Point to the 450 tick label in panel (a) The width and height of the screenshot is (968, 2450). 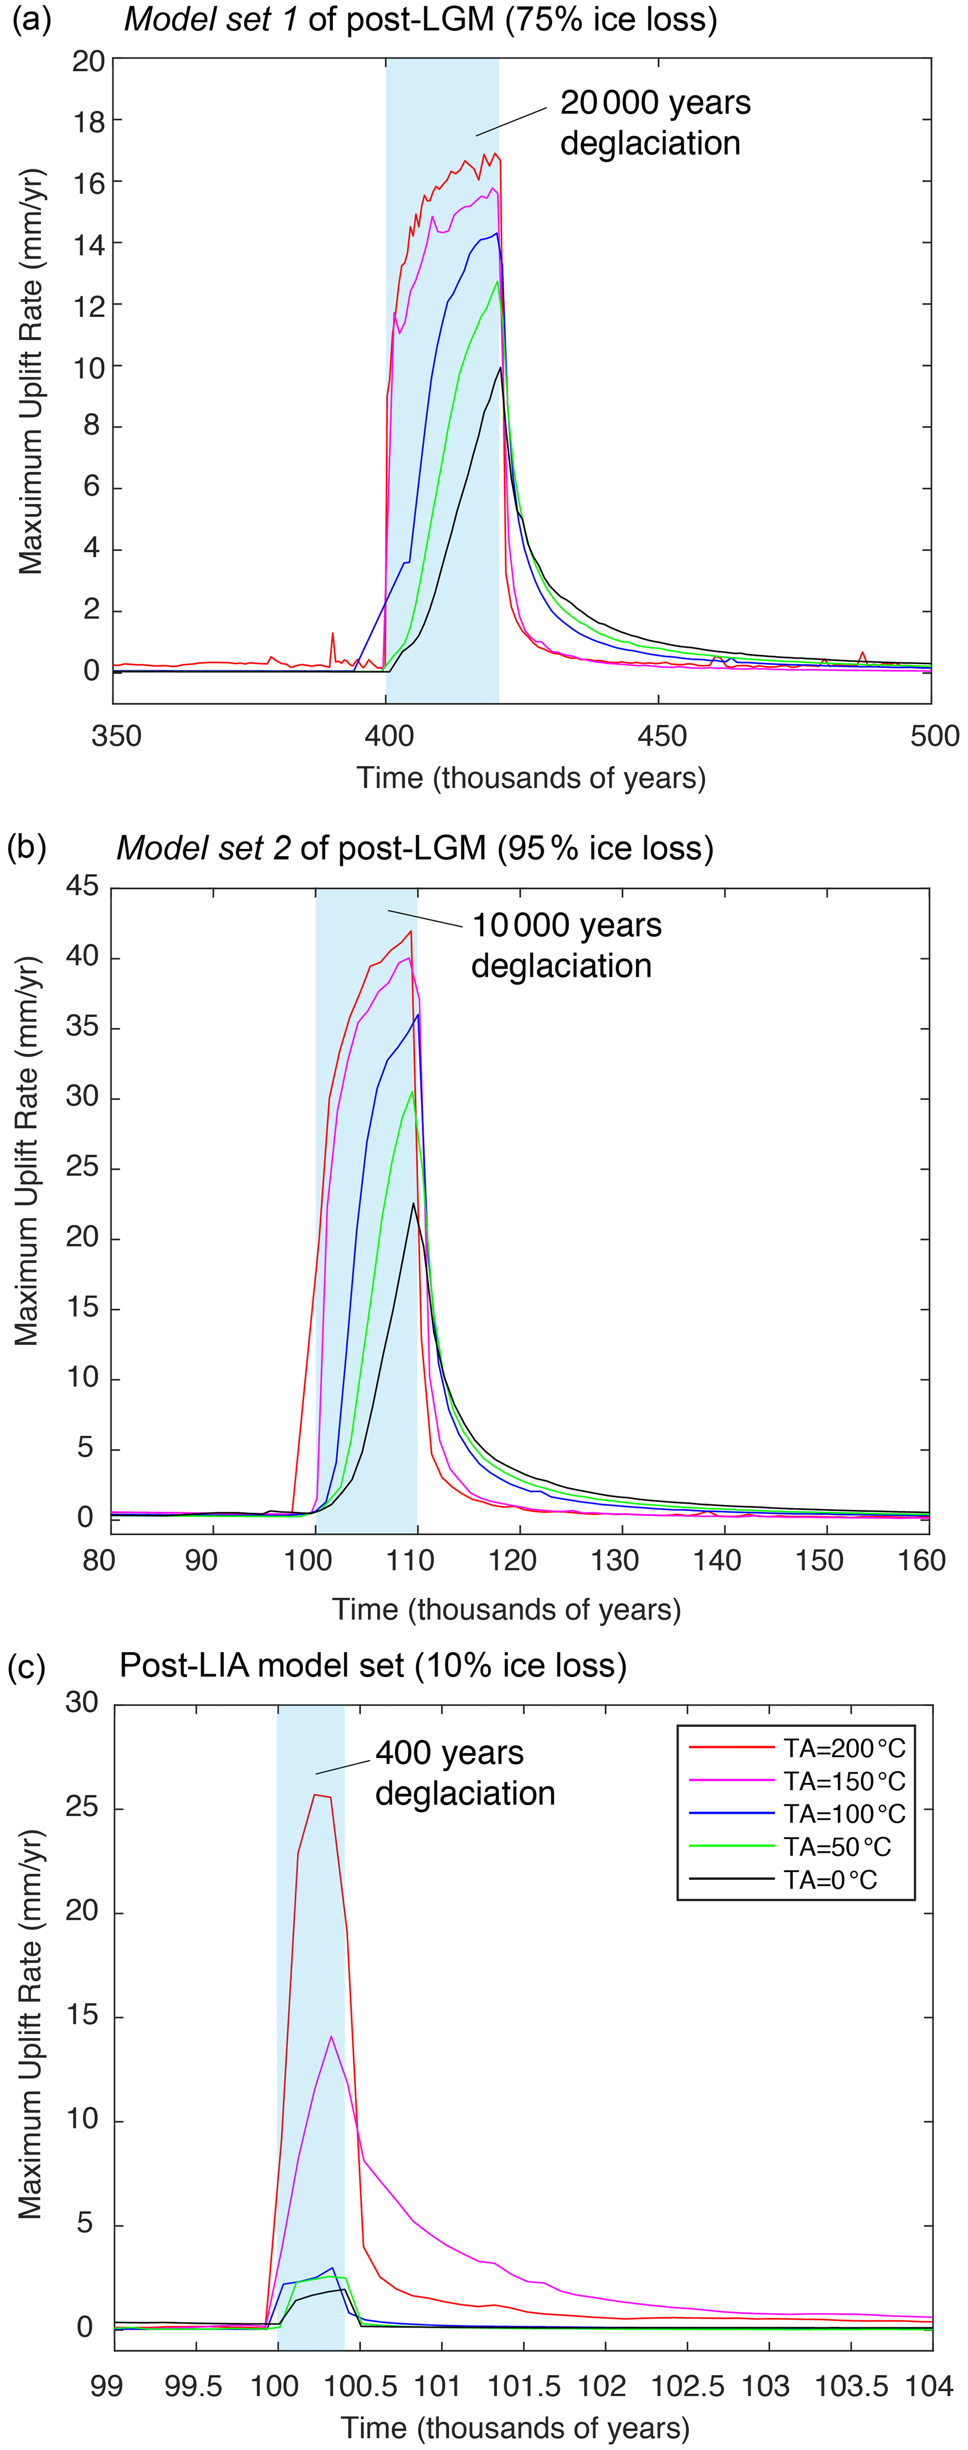coord(661,736)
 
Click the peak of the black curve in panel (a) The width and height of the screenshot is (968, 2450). coord(500,368)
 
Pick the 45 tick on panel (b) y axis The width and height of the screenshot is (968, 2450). coord(83,886)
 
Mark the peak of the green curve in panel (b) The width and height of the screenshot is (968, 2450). coord(413,1091)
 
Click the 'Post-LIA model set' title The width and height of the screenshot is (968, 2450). coord(373,1665)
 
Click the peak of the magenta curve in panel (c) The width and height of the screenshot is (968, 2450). coord(331,2036)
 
